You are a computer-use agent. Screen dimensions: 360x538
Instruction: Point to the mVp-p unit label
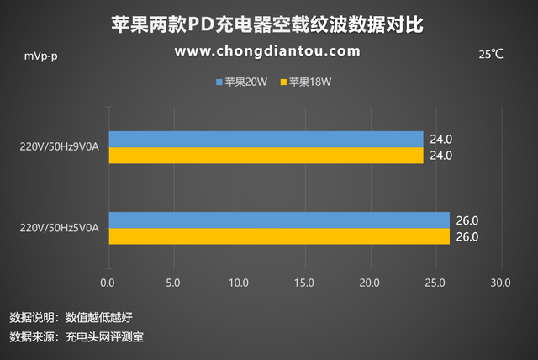coord(41,56)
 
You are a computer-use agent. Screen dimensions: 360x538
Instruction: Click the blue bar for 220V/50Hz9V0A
coord(265,139)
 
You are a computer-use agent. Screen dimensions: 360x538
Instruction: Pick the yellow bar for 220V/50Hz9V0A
coord(265,156)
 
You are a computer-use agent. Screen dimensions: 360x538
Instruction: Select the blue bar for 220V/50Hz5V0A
coord(278,220)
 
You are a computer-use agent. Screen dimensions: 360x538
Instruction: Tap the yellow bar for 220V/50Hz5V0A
coord(278,236)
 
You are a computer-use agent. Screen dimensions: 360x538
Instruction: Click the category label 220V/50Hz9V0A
coord(60,147)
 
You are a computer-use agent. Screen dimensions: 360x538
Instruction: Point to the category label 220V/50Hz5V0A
coord(60,228)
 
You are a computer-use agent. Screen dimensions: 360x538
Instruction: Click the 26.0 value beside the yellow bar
coord(467,237)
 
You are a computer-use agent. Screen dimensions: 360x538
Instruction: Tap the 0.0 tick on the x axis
coord(108,283)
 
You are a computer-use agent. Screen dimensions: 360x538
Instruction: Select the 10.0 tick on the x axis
coord(239,283)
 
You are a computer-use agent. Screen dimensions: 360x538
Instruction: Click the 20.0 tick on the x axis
coord(370,283)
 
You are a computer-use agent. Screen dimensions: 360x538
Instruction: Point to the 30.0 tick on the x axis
coord(500,283)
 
